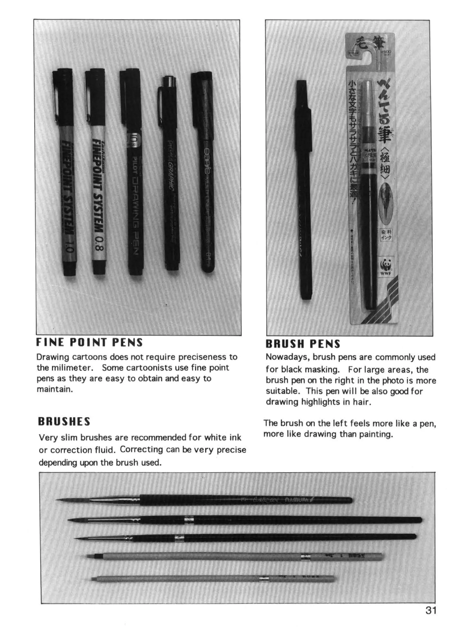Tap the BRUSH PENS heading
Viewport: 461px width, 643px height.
[303, 344]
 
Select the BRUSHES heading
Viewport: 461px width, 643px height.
[64, 422]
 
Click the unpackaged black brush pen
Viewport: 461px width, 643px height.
[304, 190]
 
